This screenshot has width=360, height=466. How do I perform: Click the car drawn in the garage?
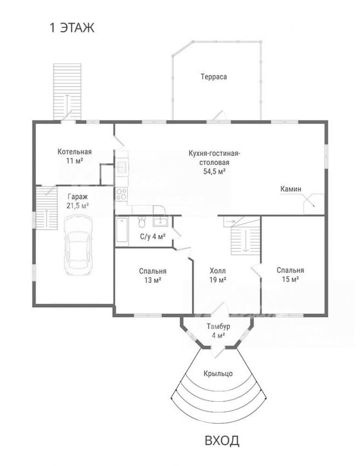[x=78, y=246]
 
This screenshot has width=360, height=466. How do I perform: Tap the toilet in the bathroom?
[x=142, y=221]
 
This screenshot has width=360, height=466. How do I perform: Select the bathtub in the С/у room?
[x=122, y=230]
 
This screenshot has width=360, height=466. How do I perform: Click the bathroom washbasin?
[x=161, y=221]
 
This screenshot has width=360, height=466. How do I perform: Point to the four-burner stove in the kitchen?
[x=122, y=194]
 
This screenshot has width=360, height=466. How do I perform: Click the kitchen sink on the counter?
[x=122, y=167]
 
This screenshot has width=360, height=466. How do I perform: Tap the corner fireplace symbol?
[x=313, y=203]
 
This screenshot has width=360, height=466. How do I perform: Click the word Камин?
[x=291, y=189]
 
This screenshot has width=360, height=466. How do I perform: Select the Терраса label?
[x=214, y=77]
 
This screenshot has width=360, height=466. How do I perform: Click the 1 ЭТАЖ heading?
[x=72, y=28]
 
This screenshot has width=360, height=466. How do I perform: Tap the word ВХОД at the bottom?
[x=222, y=440]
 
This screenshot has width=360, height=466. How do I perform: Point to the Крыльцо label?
[x=218, y=373]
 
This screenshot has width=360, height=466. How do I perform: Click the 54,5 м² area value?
[x=214, y=171]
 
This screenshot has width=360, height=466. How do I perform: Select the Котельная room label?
[x=75, y=151]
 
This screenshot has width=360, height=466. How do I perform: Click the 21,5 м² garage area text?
[x=78, y=206]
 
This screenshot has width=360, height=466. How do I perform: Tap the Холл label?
[x=218, y=271]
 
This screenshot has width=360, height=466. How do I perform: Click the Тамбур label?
[x=218, y=327]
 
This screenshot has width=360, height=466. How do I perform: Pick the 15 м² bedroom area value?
[x=290, y=279]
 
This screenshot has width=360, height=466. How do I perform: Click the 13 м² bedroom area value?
[x=153, y=280]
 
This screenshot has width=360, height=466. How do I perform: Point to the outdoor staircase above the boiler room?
[x=67, y=92]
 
